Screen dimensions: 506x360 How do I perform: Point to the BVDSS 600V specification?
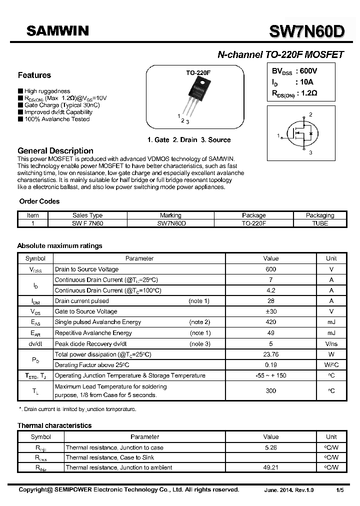pyautogui.click(x=294, y=71)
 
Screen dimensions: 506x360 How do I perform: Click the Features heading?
pyautogui.click(x=34, y=75)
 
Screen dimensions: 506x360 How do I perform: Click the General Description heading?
pyautogui.click(x=55, y=151)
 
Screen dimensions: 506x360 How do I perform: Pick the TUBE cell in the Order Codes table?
pyautogui.click(x=319, y=223)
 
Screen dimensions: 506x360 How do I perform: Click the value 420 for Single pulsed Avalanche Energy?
pyautogui.click(x=270, y=322)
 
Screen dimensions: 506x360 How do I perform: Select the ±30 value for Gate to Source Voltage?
pyautogui.click(x=270, y=311)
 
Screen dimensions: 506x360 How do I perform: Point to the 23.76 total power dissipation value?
pyautogui.click(x=270, y=354)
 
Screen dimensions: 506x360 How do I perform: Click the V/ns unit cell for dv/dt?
pyautogui.click(x=331, y=344)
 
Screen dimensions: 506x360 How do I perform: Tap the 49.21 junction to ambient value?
pyautogui.click(x=270, y=467)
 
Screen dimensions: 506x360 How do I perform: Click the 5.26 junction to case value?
pyautogui.click(x=270, y=448)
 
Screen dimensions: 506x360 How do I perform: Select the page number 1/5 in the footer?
pyautogui.click(x=339, y=490)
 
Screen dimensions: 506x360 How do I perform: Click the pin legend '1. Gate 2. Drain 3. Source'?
pyautogui.click(x=189, y=140)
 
